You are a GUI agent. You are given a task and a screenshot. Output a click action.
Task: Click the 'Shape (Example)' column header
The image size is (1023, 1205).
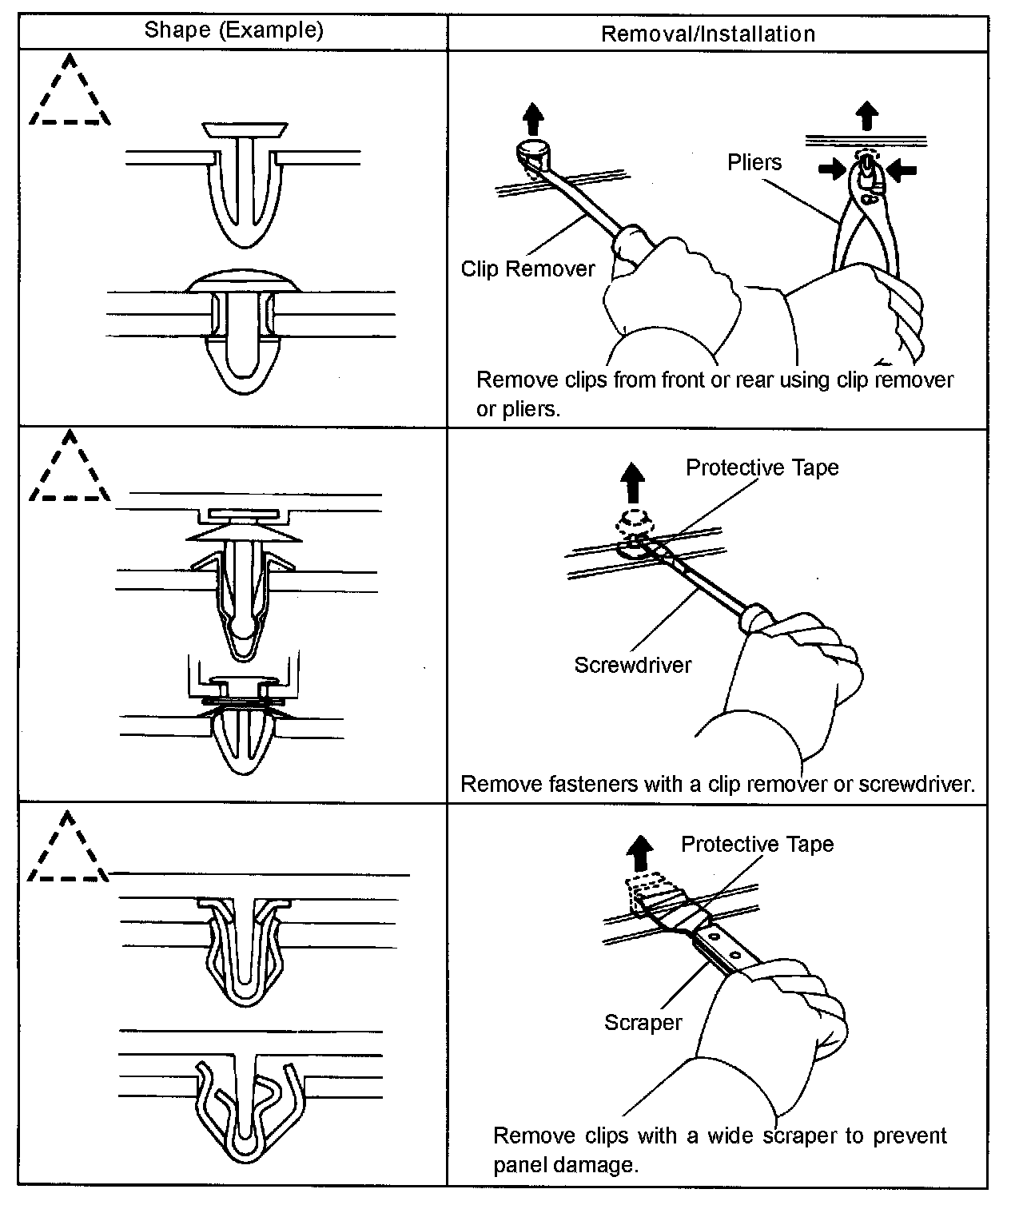click(233, 30)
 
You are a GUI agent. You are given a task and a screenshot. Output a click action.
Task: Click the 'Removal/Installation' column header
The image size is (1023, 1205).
click(707, 34)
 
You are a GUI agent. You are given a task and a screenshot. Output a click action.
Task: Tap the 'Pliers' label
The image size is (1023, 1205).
click(754, 163)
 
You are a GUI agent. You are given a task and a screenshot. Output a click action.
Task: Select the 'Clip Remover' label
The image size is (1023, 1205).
click(527, 268)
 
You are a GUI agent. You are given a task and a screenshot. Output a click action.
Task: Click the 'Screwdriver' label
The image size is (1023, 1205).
click(633, 665)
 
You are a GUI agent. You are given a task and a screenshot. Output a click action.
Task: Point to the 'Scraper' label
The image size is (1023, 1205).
click(643, 1023)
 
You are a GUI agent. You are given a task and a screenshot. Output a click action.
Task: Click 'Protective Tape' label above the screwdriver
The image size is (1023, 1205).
click(762, 467)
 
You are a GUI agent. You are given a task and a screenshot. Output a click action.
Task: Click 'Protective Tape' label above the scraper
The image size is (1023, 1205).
click(757, 845)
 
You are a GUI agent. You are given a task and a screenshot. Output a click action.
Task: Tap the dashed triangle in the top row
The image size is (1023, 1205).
click(70, 93)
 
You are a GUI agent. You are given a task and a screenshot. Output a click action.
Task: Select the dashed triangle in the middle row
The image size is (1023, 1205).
click(70, 469)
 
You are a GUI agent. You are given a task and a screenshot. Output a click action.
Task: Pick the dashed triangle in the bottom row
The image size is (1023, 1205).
click(68, 849)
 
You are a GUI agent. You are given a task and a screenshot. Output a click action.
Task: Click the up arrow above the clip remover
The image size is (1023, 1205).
click(533, 120)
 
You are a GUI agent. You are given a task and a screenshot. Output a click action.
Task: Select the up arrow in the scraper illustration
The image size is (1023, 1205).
click(639, 854)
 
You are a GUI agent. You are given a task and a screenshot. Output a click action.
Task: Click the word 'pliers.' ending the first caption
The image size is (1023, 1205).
click(517, 409)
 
